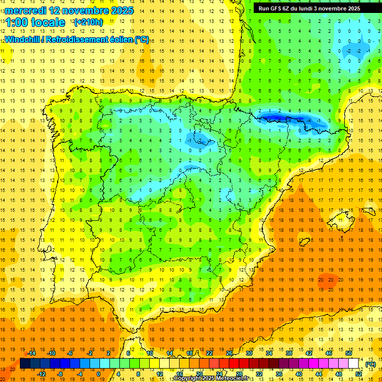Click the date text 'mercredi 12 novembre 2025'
point(69,10)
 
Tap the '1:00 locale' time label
point(35,22)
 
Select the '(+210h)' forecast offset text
point(88,22)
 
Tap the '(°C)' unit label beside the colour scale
point(370,364)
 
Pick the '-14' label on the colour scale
point(32,353)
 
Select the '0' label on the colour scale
point(98,374)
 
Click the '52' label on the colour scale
point(359,374)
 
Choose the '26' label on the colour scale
point(229,353)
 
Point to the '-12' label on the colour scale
point(42,374)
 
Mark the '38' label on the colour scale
point(288,353)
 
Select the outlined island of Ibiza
point(303,242)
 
